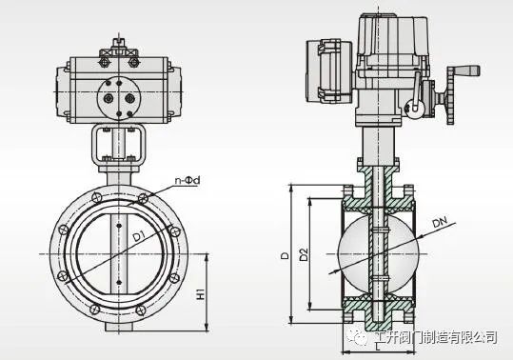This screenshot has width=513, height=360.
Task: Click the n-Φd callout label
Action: pyautogui.click(x=187, y=180)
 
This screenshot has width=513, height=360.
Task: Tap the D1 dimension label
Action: pyautogui.click(x=140, y=235)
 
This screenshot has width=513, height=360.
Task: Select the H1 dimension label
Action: pyautogui.click(x=200, y=293)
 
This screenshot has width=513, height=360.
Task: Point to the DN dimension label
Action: pyautogui.click(x=440, y=222)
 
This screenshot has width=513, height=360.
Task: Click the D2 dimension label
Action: pyautogui.click(x=304, y=254)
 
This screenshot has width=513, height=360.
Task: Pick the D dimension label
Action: pyautogui.click(x=286, y=255)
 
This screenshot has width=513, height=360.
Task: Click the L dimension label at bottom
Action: pyautogui.click(x=378, y=347)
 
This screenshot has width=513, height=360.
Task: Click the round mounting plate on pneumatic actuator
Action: pyautogui.click(x=119, y=98)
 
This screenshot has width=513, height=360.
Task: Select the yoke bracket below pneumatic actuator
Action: pyautogui.click(x=118, y=146)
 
